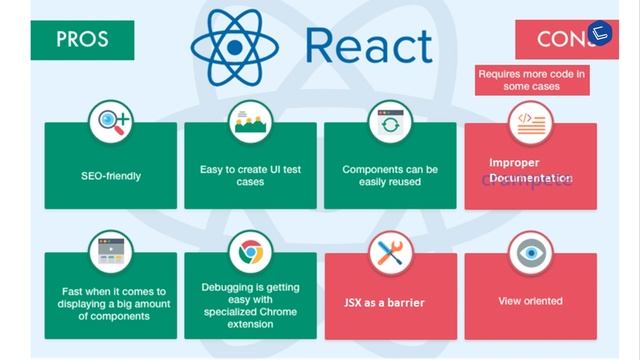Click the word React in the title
(369, 44)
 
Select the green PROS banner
(82, 39)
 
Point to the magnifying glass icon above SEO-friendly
(110, 123)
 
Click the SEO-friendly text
(110, 176)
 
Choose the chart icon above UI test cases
(250, 123)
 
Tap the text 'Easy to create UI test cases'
(250, 176)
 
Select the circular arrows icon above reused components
(390, 123)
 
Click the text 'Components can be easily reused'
(390, 176)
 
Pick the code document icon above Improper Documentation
(530, 123)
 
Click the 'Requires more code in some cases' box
(532, 80)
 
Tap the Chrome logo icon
(250, 253)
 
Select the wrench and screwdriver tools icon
(390, 253)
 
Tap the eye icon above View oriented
(530, 253)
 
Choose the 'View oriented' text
(530, 301)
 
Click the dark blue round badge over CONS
(600, 33)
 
